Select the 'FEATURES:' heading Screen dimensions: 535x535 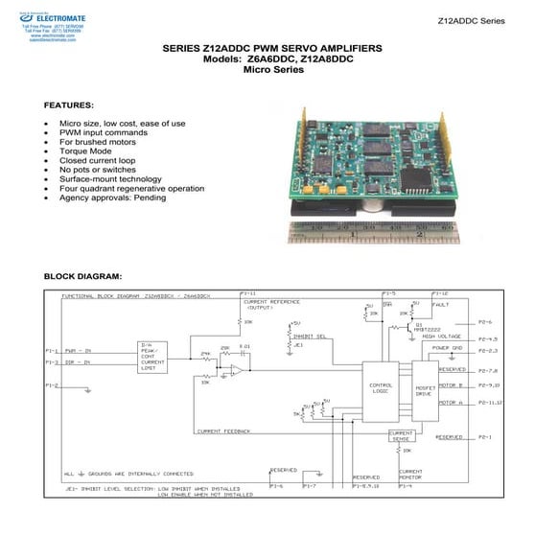[69, 103]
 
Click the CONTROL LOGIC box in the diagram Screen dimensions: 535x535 [380, 388]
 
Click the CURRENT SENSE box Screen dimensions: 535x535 [401, 437]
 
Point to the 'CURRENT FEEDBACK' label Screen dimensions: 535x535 [223, 431]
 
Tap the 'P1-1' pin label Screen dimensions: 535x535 [53, 351]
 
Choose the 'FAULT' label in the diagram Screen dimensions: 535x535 [440, 304]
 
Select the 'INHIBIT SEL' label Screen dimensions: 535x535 [307, 336]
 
